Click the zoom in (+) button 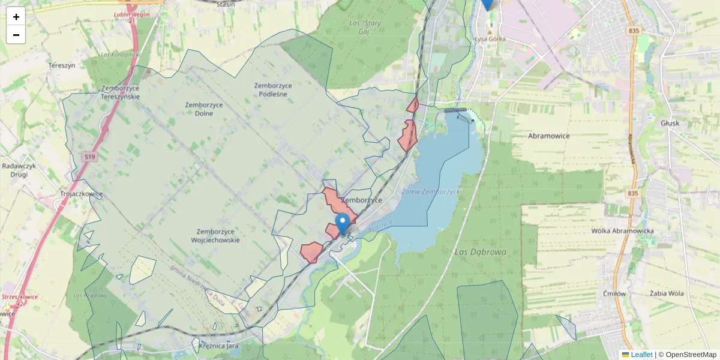click(x=16, y=16)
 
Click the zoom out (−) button click(x=16, y=35)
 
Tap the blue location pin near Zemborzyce click(x=343, y=224)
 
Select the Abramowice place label click(x=549, y=136)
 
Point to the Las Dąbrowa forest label click(x=481, y=252)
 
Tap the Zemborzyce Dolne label click(x=204, y=109)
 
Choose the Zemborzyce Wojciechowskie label click(x=218, y=236)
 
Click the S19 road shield click(x=89, y=157)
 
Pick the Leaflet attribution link click(x=641, y=355)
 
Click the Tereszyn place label click(x=62, y=65)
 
